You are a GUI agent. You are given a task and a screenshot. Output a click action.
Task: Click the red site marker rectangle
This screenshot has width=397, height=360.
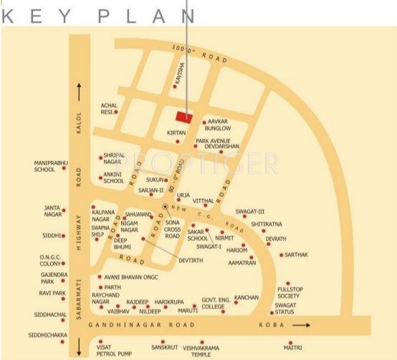[x=184, y=117]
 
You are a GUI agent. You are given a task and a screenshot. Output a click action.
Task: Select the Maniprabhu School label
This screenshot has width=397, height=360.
[x=44, y=166]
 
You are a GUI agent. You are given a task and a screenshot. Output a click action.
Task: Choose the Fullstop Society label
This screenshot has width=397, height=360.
[x=289, y=292]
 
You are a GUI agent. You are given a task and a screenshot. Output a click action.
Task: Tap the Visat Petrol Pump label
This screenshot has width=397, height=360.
[x=100, y=349]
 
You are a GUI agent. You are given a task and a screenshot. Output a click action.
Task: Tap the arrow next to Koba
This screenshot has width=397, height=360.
[x=302, y=326]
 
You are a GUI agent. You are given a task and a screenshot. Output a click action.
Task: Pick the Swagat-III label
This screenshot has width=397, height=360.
[x=250, y=212]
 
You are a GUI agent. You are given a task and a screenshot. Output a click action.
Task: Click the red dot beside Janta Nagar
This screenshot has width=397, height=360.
[x=64, y=210]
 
